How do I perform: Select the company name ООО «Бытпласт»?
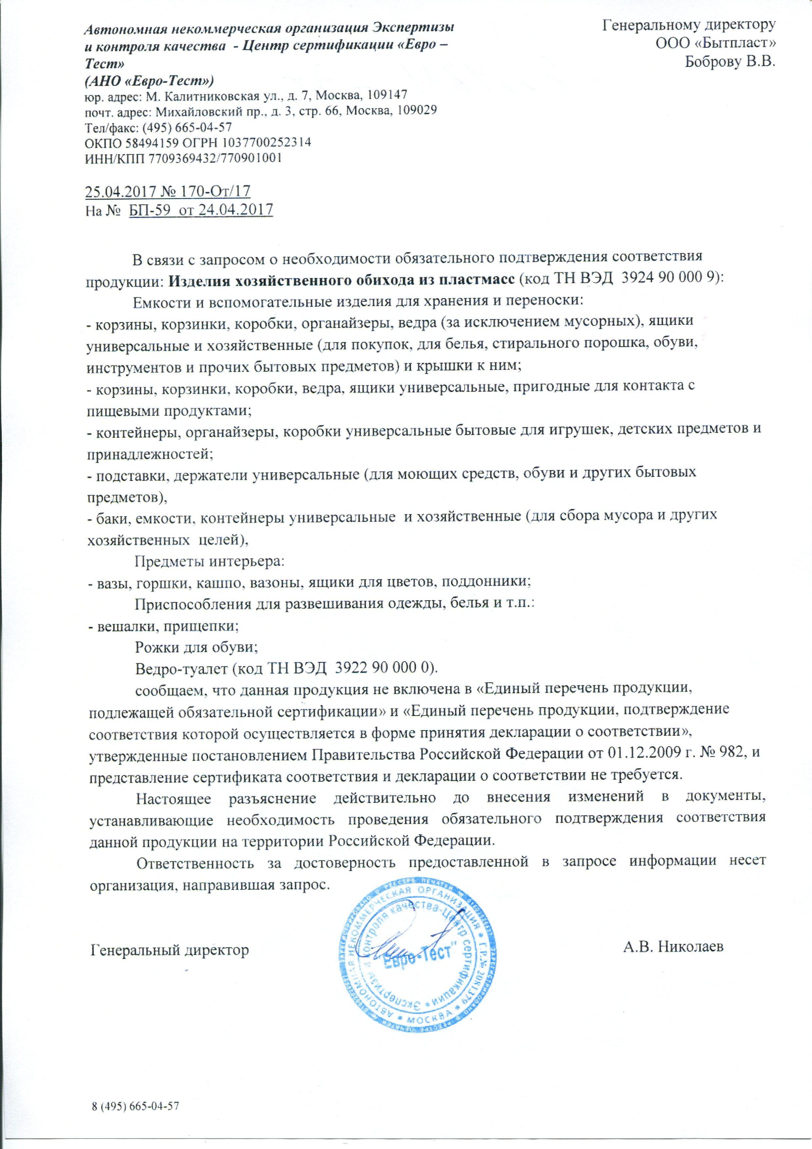[716, 43]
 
